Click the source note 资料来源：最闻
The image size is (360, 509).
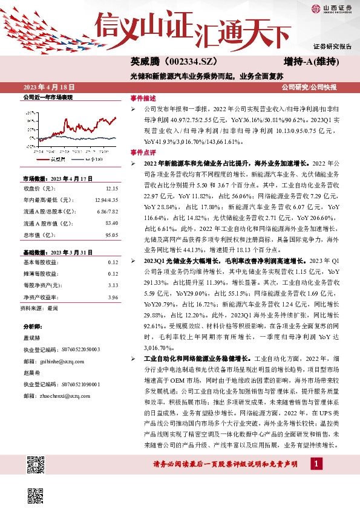click(39, 308)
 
